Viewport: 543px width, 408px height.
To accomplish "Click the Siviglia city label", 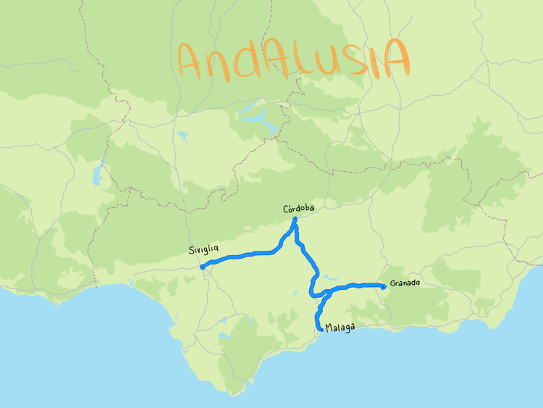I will pos(203,251).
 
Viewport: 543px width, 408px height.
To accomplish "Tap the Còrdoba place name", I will pos(298,209).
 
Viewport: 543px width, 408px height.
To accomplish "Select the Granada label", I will pos(404,283).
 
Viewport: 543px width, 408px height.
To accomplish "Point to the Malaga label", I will pos(340,328).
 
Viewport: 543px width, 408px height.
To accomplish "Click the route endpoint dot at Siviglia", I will pos(202,267).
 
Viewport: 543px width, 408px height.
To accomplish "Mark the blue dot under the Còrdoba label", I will pos(295,219).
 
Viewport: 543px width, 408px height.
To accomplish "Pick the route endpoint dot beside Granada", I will pos(383,287).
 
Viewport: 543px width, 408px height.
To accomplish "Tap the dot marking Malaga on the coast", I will pos(321,330).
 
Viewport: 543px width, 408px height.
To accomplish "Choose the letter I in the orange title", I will pos(377,57).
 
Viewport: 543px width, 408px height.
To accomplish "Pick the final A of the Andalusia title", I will pos(396,58).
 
